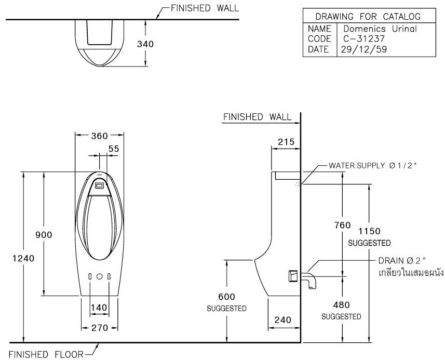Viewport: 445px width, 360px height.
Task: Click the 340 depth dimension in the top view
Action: tap(145, 45)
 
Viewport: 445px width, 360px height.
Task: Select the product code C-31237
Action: tap(358, 39)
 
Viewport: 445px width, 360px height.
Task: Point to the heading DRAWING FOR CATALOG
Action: tap(368, 17)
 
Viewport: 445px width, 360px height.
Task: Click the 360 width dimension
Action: tap(99, 136)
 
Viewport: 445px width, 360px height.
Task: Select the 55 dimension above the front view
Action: tap(114, 149)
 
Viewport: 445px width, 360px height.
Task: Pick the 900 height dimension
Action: tap(44, 235)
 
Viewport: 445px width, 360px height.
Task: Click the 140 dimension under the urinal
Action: tap(99, 308)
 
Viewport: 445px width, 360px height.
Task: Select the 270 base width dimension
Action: tap(99, 328)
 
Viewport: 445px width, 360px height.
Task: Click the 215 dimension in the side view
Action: tap(286, 142)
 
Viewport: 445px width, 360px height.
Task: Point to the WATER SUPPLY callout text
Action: tap(373, 166)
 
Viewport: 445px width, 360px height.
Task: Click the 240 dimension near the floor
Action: tap(285, 320)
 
